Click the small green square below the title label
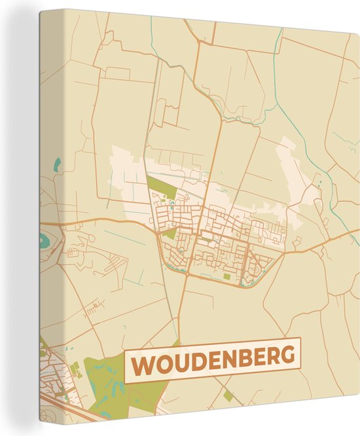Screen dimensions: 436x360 (228, 395)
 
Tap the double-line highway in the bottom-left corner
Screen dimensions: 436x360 (79, 413)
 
